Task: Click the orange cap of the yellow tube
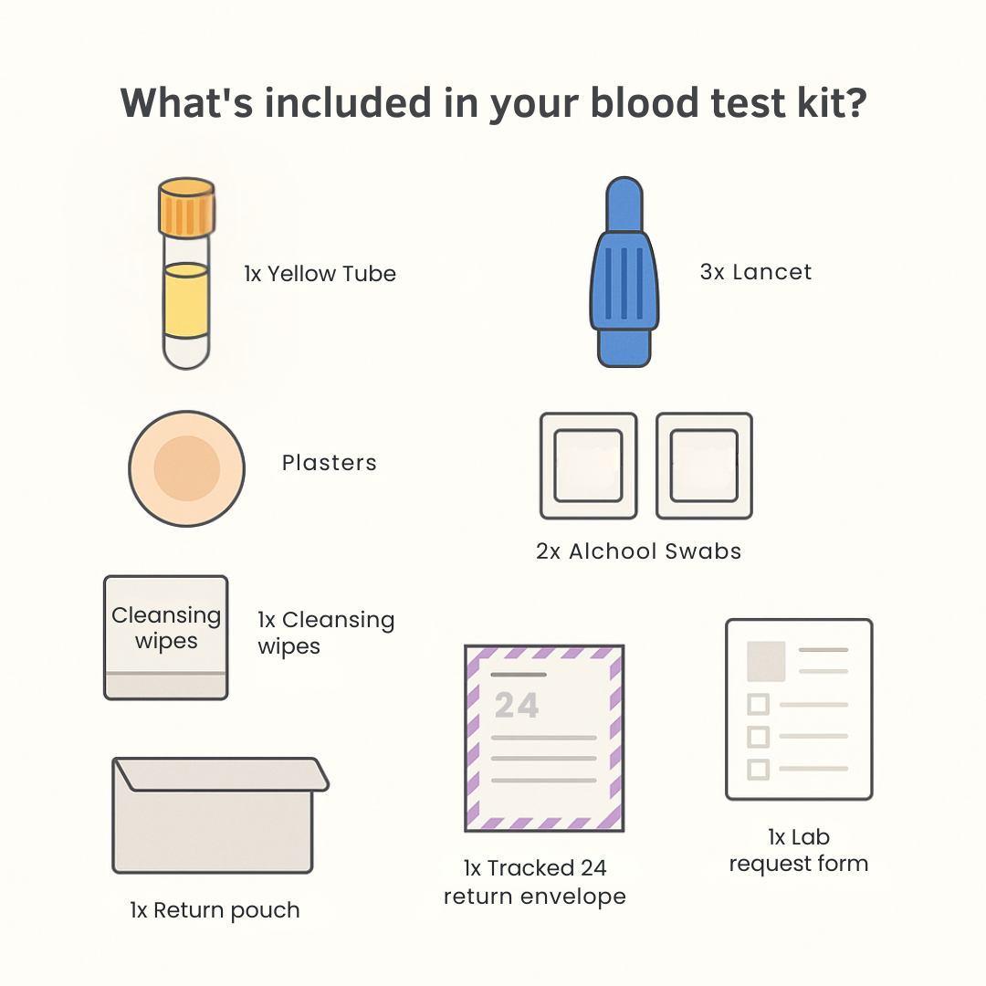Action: [187, 206]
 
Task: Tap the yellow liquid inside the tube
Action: [186, 300]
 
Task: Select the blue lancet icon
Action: [624, 272]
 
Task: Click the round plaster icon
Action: [187, 468]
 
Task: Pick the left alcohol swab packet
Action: [589, 466]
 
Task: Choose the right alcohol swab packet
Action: [704, 466]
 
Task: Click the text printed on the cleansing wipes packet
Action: [166, 627]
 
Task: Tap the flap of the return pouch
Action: [221, 774]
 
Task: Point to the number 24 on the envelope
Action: [516, 705]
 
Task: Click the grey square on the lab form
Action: [766, 662]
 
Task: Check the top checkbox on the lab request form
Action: [759, 704]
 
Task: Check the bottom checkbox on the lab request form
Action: [759, 769]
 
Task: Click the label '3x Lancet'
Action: [756, 272]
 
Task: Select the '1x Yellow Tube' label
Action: [320, 274]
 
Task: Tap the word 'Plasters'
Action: [329, 463]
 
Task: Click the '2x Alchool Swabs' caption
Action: [638, 551]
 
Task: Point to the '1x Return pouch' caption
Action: [215, 910]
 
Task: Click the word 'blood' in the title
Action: [644, 102]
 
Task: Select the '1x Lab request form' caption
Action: [799, 850]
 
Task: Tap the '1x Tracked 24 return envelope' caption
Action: [534, 882]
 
